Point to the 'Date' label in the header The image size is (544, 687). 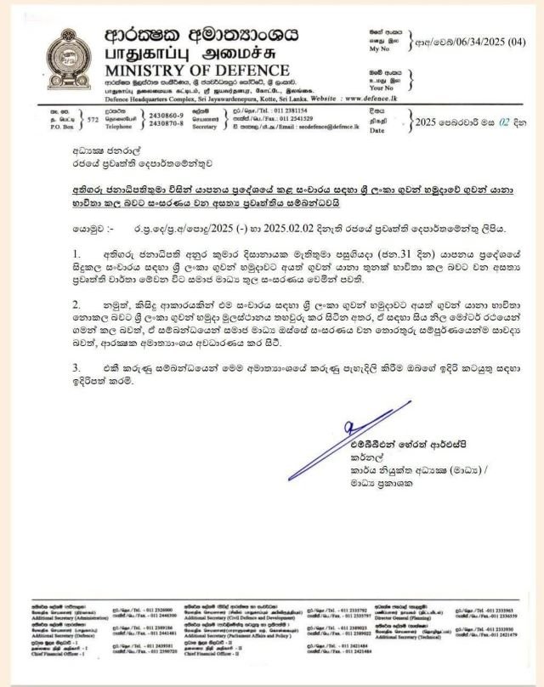377,131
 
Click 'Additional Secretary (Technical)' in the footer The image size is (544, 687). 421,636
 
